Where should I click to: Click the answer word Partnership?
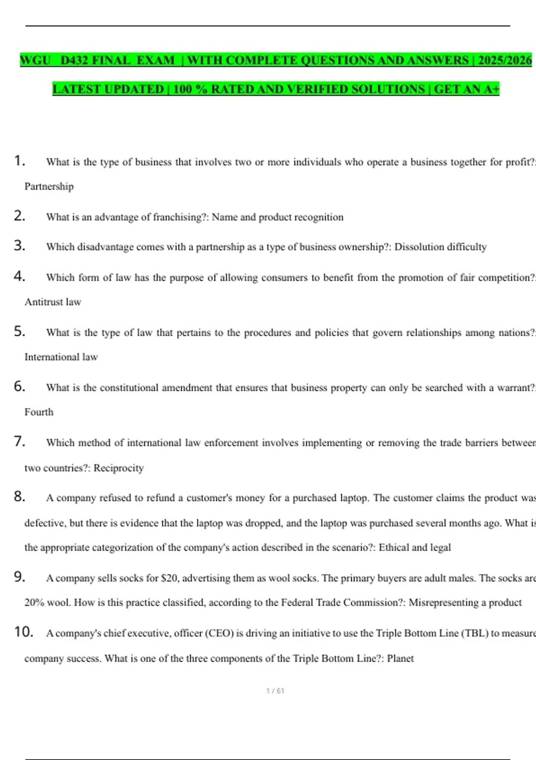(49, 186)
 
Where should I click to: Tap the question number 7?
(19, 441)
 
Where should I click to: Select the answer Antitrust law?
(53, 302)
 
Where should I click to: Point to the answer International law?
(61, 357)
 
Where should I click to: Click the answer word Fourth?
(39, 412)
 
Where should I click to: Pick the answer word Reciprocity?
(118, 468)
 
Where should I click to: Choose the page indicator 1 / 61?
(275, 691)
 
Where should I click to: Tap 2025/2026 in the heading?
(505, 60)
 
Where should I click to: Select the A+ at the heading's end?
(491, 89)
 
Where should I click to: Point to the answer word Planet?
(400, 659)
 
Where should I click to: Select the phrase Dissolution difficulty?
(440, 247)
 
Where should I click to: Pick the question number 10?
(24, 632)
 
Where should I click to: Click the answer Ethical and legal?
(415, 548)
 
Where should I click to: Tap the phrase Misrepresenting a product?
(465, 603)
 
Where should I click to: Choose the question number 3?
(19, 245)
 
